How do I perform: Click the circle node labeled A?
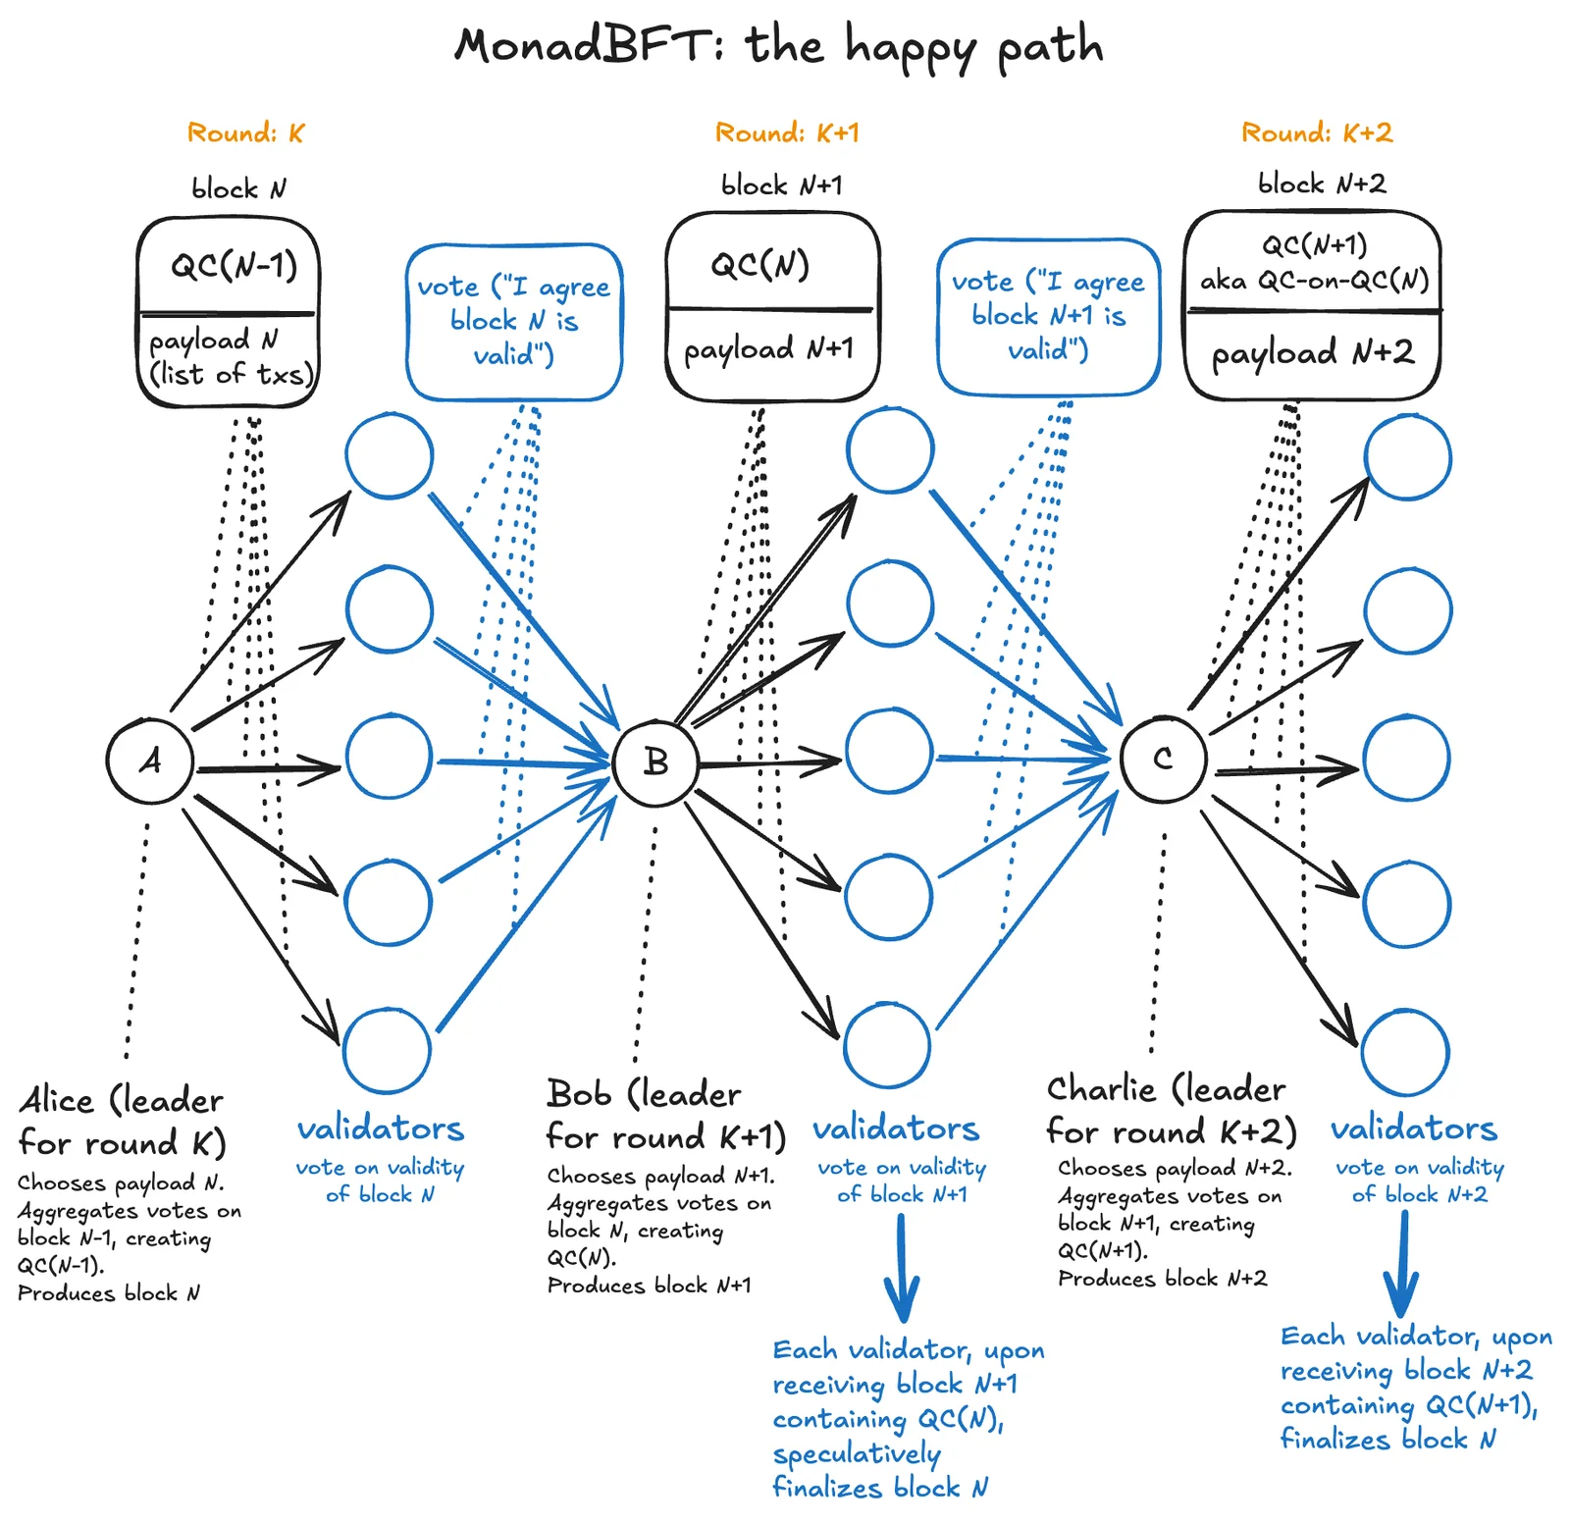pyautogui.click(x=149, y=761)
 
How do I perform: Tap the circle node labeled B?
pyautogui.click(x=655, y=762)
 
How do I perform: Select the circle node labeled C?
pyautogui.click(x=1163, y=759)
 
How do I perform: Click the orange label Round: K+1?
pyautogui.click(x=787, y=132)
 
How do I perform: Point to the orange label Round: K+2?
pyautogui.click(x=1317, y=132)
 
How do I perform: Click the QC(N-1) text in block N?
pyautogui.click(x=234, y=265)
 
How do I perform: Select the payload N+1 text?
pyautogui.click(x=768, y=349)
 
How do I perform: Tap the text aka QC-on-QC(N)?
pyautogui.click(x=1314, y=281)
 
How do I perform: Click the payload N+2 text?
pyautogui.click(x=1313, y=353)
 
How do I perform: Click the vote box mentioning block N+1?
pyautogui.click(x=1048, y=316)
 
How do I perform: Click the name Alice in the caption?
pyautogui.click(x=57, y=1100)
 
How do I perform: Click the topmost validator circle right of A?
pyautogui.click(x=390, y=455)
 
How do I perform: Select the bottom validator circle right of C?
pyautogui.click(x=1405, y=1051)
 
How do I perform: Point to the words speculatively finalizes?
pyautogui.click(x=857, y=1470)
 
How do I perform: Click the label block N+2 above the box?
pyautogui.click(x=1322, y=184)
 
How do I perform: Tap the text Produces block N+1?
pyautogui.click(x=649, y=1286)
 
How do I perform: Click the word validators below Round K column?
pyautogui.click(x=381, y=1129)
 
